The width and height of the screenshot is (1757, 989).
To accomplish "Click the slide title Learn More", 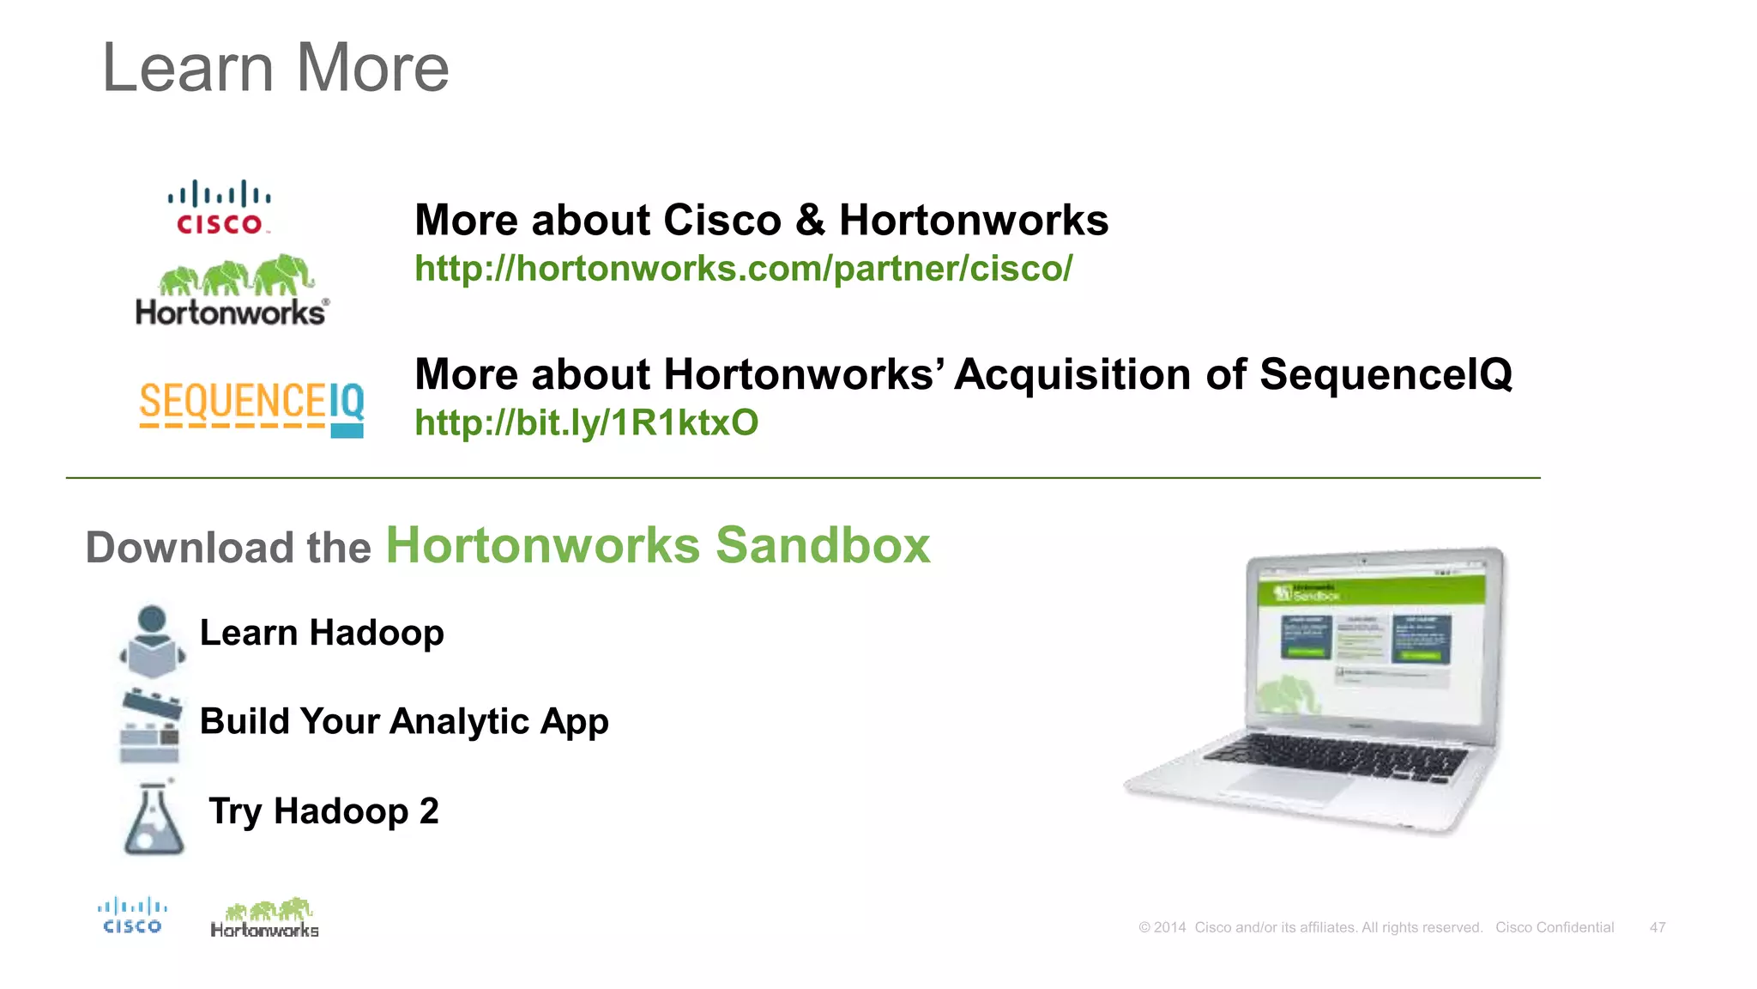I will (275, 68).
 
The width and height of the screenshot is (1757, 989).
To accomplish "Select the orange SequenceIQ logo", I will (251, 407).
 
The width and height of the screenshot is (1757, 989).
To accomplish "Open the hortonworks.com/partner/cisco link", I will (743, 269).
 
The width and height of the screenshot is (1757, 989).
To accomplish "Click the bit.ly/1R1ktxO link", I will (586, 423).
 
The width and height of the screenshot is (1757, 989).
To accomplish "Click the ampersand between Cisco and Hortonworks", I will (810, 221).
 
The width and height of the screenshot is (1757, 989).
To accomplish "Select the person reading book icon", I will (152, 641).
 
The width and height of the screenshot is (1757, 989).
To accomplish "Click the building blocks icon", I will (150, 726).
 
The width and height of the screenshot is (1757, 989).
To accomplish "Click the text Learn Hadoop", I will (322, 634).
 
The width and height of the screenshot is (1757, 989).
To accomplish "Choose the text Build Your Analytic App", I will (404, 722).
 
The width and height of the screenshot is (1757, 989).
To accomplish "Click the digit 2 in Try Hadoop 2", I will (429, 811).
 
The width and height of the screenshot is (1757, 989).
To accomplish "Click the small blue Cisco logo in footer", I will (132, 916).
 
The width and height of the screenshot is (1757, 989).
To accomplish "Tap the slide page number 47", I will (1657, 928).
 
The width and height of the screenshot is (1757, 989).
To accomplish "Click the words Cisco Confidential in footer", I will (1555, 928).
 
